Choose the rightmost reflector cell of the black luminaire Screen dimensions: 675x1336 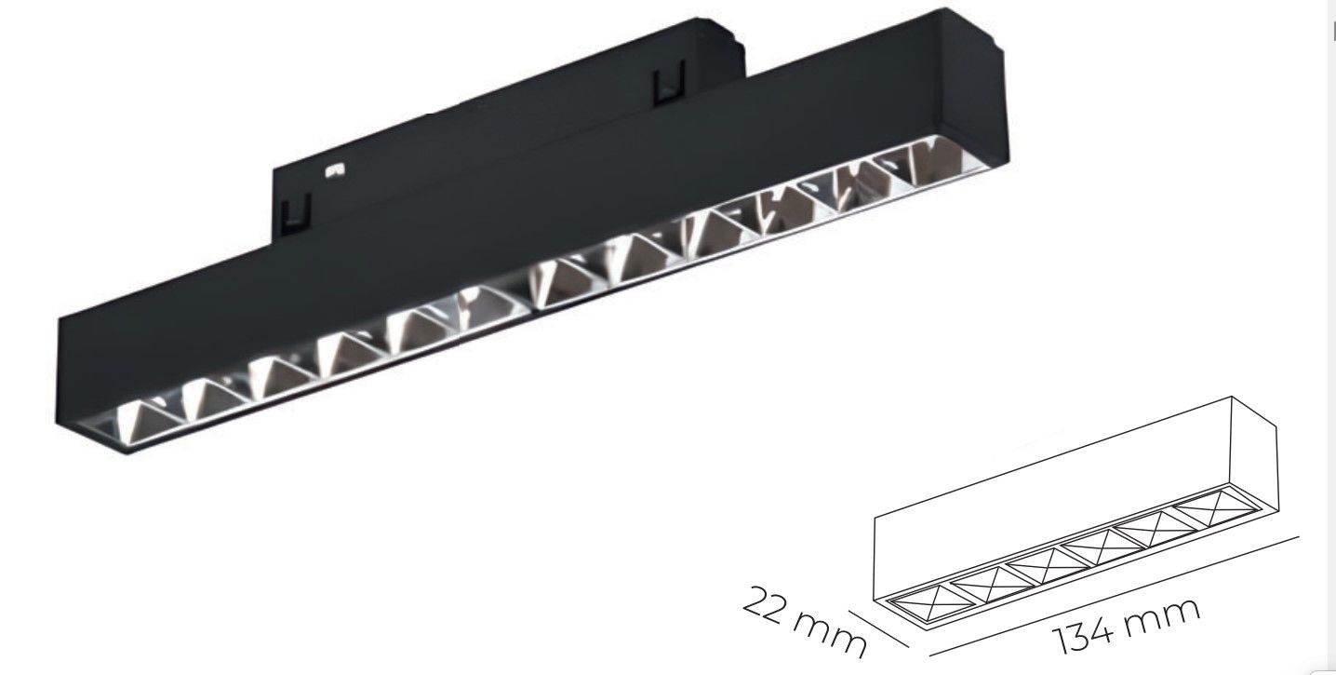915,165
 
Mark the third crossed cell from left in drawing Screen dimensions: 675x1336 1038,563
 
